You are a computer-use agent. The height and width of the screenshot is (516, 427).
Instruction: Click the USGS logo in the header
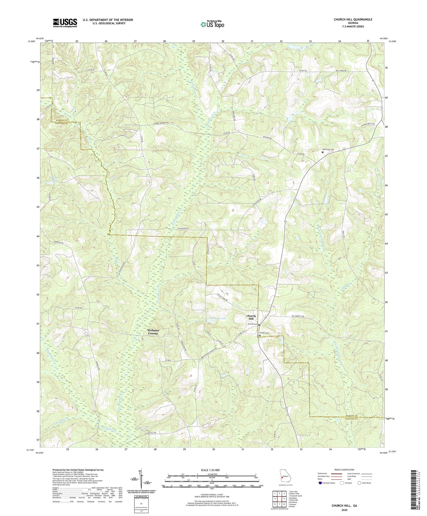point(65,23)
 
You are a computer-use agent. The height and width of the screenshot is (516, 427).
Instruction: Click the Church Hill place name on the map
point(251,317)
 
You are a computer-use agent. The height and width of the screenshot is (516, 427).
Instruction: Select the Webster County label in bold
point(153,332)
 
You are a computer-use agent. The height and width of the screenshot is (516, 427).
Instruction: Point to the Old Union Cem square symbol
point(322,152)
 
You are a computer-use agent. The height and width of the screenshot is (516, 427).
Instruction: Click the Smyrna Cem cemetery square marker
point(259,325)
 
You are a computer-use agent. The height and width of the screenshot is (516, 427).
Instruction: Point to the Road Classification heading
point(344,470)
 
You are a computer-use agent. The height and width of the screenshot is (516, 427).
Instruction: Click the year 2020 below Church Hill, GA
point(344,510)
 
